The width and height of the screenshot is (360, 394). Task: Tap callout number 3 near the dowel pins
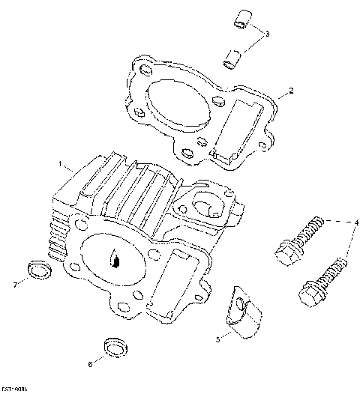(x=268, y=34)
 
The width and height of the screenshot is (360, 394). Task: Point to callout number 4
(x=357, y=222)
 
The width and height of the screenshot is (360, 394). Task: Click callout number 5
(x=218, y=339)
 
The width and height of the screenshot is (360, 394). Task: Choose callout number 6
(x=91, y=365)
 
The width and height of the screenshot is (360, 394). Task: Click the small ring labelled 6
(x=114, y=346)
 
